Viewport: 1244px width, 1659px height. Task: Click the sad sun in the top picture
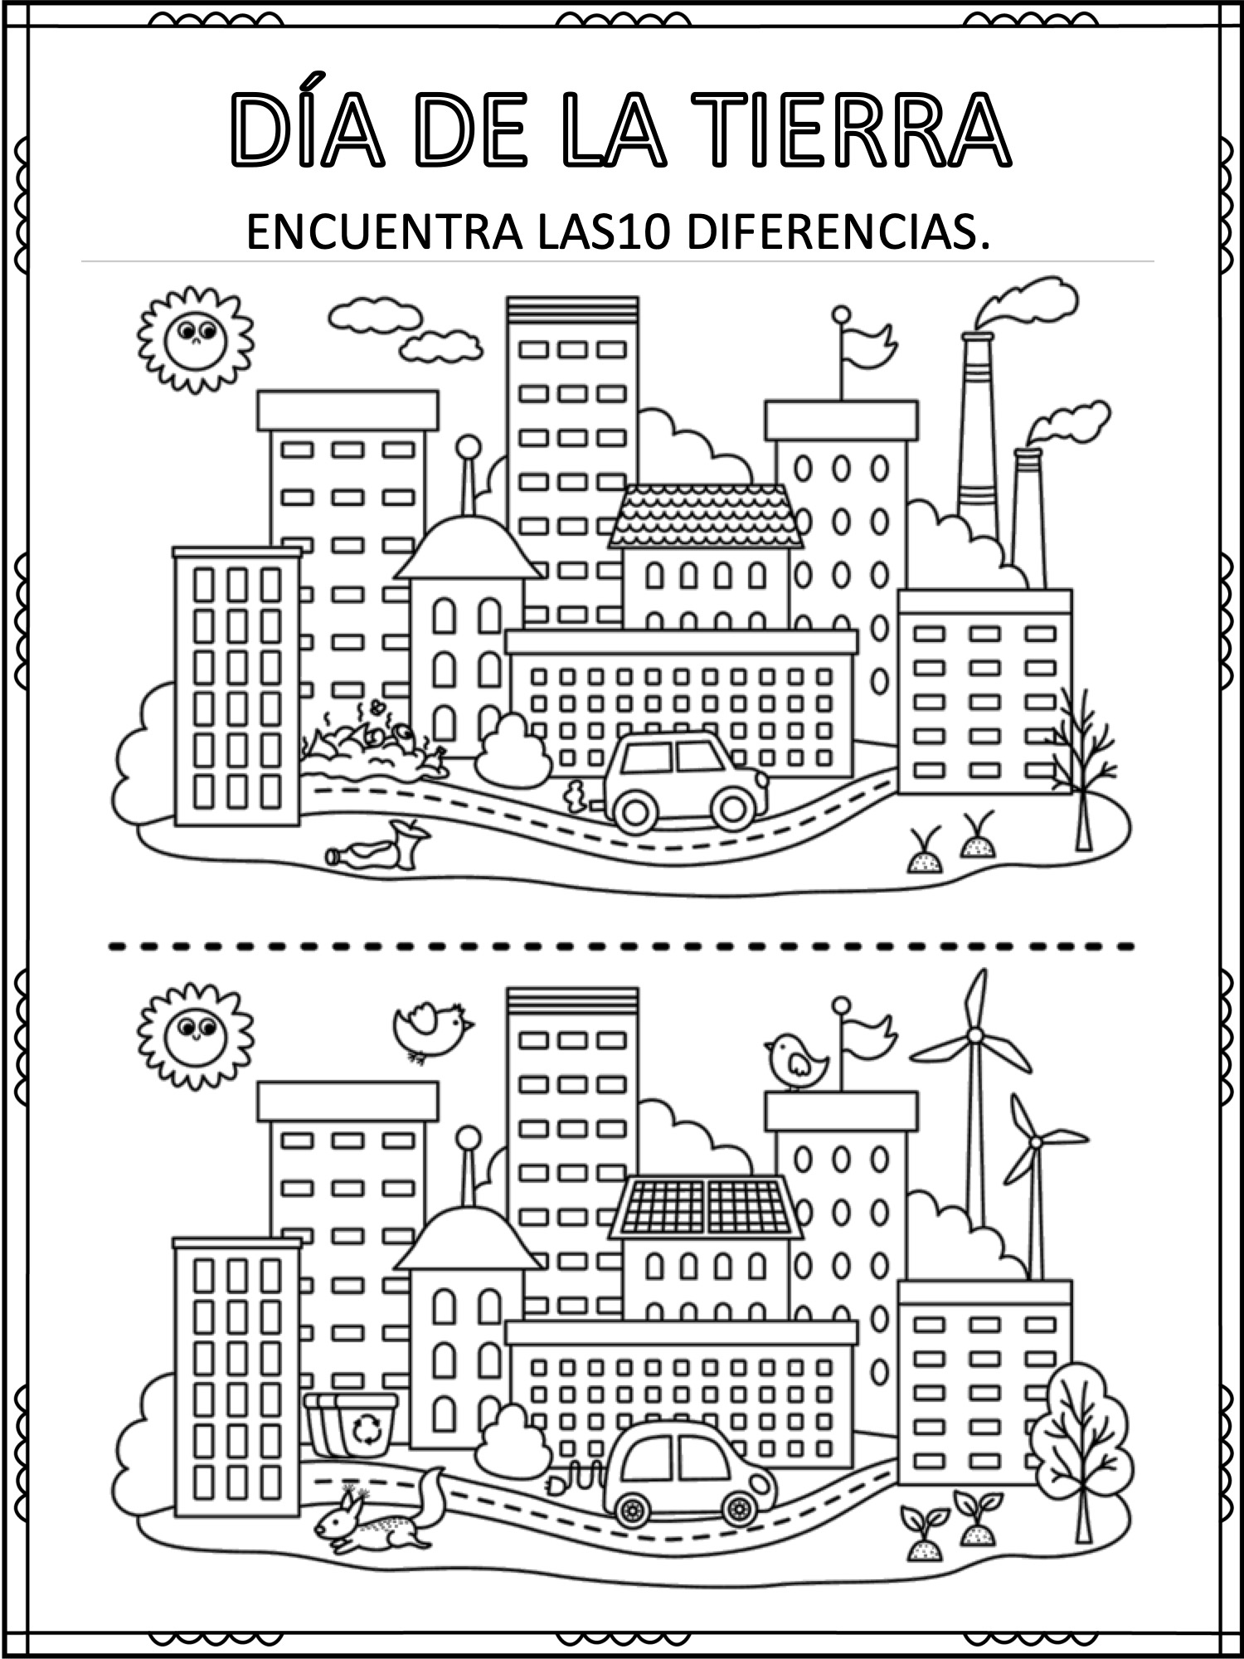194,338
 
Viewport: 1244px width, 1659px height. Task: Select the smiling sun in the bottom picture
194,1034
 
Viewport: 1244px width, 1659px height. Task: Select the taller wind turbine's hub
975,1034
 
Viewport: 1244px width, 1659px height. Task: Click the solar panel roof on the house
706,1207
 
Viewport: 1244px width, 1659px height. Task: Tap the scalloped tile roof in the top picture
706,516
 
